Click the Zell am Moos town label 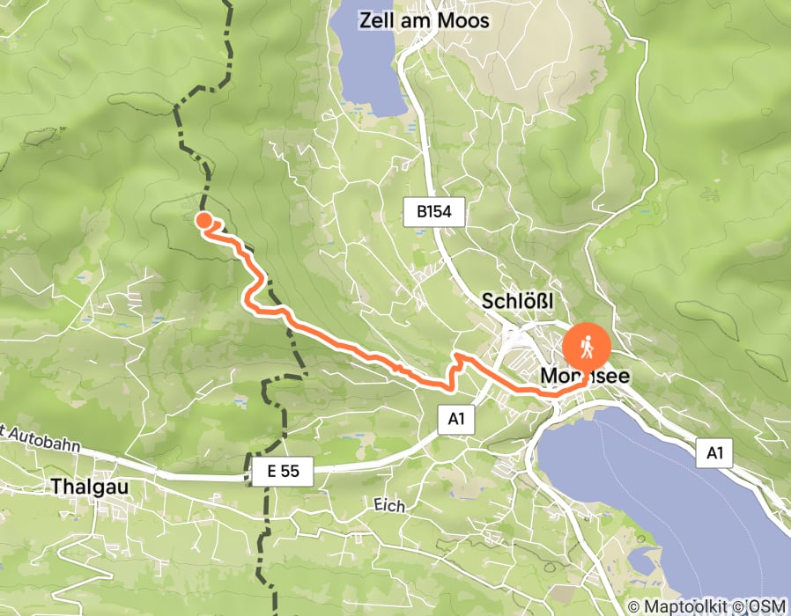click(x=424, y=20)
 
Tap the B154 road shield click(x=433, y=212)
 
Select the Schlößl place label click(x=517, y=302)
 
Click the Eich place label click(x=388, y=506)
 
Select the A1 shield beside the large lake click(x=713, y=453)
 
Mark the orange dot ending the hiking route click(x=203, y=221)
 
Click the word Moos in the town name click(x=463, y=20)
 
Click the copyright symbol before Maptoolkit click(x=633, y=606)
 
